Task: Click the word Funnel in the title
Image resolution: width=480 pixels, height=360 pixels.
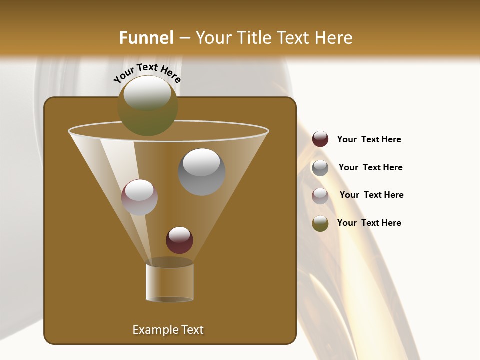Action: (x=146, y=38)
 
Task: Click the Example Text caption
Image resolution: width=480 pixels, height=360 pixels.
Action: (x=168, y=330)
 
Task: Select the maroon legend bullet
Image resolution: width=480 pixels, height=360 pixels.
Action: (x=320, y=139)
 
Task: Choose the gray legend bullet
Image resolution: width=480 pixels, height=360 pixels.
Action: (x=320, y=167)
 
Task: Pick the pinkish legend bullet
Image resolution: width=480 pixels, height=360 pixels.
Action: (x=320, y=195)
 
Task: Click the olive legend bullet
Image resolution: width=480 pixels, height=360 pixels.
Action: (x=320, y=223)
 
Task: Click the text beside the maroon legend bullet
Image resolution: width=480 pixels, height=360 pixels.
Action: (x=369, y=140)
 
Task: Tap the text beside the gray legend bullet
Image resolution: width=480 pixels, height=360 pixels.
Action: (x=370, y=168)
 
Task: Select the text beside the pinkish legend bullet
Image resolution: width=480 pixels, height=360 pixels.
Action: (x=371, y=195)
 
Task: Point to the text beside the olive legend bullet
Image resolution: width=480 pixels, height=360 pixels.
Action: (x=369, y=223)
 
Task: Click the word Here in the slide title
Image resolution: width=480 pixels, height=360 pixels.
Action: (x=334, y=38)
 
